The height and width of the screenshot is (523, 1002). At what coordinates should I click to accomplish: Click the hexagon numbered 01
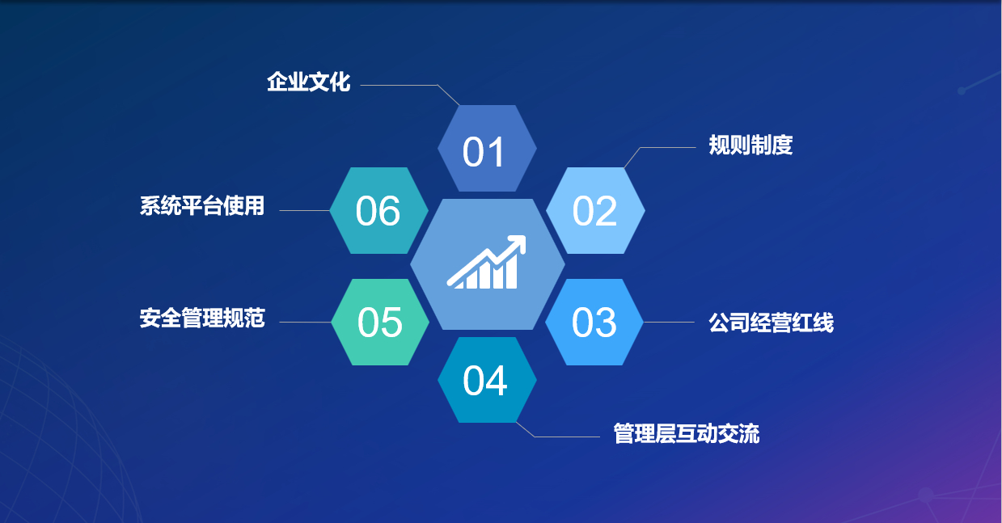pyautogui.click(x=487, y=149)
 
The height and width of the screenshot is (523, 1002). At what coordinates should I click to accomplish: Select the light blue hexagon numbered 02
pyautogui.click(x=595, y=210)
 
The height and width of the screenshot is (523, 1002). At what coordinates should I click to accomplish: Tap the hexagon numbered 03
pyautogui.click(x=594, y=322)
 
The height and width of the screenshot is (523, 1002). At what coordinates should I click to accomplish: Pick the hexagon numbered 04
pyautogui.click(x=487, y=380)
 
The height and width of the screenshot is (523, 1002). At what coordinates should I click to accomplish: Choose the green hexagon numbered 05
pyautogui.click(x=380, y=322)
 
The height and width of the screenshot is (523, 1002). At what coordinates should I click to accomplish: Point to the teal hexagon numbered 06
pyautogui.click(x=378, y=210)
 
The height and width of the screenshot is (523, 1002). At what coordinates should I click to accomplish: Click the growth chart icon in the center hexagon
pyautogui.click(x=487, y=262)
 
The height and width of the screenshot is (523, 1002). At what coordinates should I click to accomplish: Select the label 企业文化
pyautogui.click(x=309, y=82)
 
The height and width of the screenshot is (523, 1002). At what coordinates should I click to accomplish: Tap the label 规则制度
pyautogui.click(x=750, y=146)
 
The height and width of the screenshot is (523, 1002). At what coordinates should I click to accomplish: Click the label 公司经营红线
pyautogui.click(x=772, y=323)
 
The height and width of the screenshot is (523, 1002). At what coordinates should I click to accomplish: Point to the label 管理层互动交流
pyautogui.click(x=687, y=433)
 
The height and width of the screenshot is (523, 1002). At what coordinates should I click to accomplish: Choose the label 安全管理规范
pyautogui.click(x=202, y=318)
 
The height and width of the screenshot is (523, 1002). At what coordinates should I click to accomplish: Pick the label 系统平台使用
pyautogui.click(x=202, y=206)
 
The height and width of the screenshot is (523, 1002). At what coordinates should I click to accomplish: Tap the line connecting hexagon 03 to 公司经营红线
pyautogui.click(x=669, y=322)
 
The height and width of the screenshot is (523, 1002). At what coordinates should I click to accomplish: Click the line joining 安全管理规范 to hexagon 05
pyautogui.click(x=305, y=322)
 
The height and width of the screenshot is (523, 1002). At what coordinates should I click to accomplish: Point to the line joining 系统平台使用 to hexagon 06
pyautogui.click(x=305, y=210)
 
